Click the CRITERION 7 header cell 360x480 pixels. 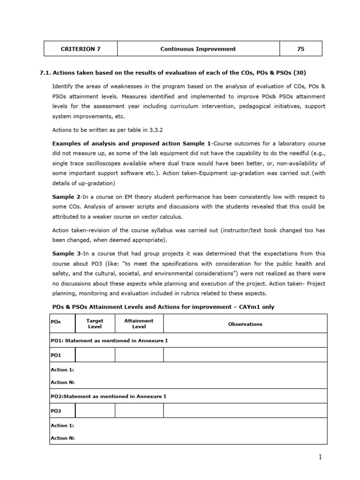(x=81, y=49)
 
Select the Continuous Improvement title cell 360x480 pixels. (x=198, y=49)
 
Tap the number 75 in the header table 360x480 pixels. (x=300, y=49)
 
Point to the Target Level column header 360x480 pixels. (x=95, y=323)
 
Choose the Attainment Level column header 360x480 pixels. (x=139, y=323)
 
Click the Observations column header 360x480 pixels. (x=245, y=324)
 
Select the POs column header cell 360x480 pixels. (x=62, y=323)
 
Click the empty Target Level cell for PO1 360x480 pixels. (x=95, y=355)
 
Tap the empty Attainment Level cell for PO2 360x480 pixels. (x=139, y=411)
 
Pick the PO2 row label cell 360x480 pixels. (x=62, y=411)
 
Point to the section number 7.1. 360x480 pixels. (x=45, y=73)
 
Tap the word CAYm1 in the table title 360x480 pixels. (x=247, y=307)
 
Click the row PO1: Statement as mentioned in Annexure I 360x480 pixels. (x=109, y=340)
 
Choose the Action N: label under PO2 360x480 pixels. (x=62, y=438)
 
